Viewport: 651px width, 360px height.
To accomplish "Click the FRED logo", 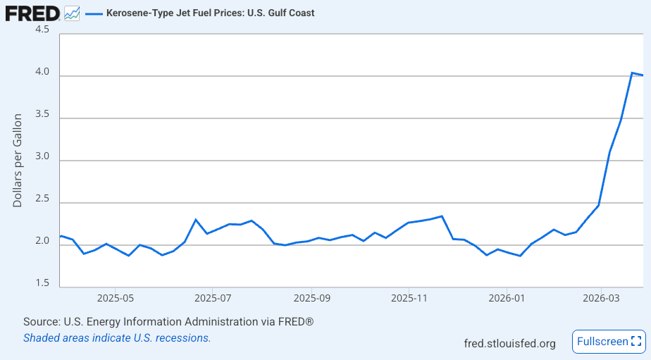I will (32, 13).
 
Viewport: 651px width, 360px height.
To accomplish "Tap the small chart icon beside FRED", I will (71, 13).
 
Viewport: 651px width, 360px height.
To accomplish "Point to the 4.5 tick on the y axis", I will (42, 30).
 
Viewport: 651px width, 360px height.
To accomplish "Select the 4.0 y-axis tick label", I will (42, 72).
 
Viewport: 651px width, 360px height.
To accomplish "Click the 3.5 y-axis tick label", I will (42, 114).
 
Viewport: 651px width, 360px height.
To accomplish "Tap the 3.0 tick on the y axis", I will (42, 156).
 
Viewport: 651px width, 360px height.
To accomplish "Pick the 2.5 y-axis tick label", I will (42, 199).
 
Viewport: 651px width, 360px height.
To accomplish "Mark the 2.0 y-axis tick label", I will (42, 241).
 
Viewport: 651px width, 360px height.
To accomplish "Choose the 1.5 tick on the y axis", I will (42, 283).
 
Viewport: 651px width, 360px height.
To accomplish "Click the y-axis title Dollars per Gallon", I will (18, 161).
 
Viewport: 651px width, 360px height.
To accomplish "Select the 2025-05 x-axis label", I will (116, 298).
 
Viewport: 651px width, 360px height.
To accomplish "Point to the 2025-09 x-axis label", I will (312, 298).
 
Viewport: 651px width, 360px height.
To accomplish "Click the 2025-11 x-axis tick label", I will (409, 298).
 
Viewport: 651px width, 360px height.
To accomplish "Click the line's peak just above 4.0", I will (632, 73).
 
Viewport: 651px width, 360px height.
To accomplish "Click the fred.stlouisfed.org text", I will (509, 344).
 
